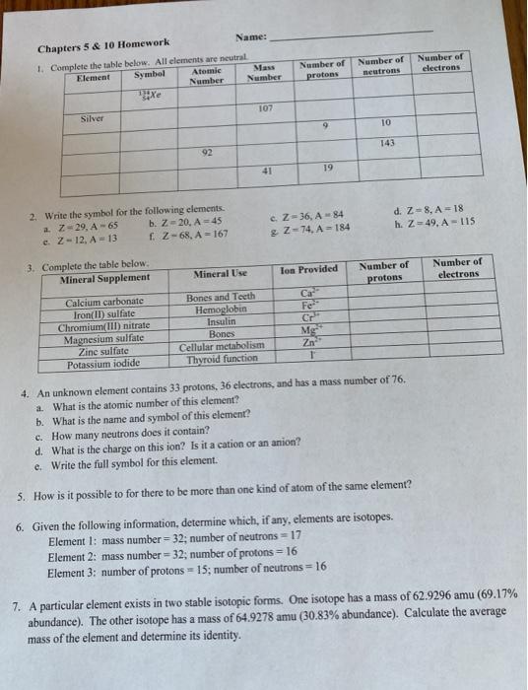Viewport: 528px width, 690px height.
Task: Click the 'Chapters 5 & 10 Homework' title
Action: click(103, 42)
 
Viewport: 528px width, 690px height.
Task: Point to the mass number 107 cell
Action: click(264, 107)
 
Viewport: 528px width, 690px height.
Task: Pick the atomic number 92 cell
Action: click(208, 153)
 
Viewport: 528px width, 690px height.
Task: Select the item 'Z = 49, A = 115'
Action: click(422, 223)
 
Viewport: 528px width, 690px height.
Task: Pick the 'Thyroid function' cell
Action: click(221, 359)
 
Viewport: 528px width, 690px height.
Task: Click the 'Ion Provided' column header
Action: click(308, 269)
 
